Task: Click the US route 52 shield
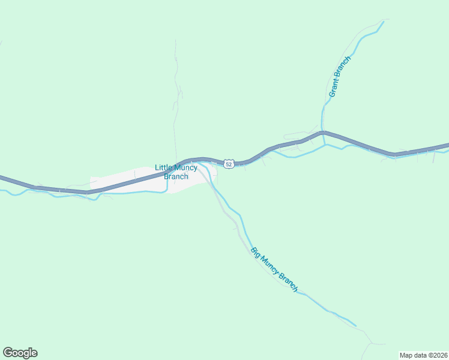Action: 229,164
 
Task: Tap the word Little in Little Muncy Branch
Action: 164,168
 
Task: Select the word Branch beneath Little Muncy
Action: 176,176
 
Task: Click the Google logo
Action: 20,353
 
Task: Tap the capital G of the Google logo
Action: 8,353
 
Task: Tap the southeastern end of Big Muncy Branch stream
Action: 355,326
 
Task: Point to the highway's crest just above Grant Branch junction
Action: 323,132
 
